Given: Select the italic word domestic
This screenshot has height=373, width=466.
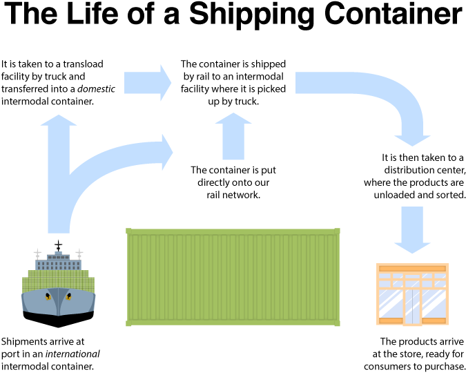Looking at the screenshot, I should click(96, 89).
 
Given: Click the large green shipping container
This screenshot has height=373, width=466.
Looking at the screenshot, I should click(233, 276).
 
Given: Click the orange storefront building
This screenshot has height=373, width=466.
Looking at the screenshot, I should click(412, 294).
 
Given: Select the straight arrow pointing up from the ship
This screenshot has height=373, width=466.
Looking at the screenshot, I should click(58, 173).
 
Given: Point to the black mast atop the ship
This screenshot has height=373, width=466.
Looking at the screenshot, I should click(58, 245).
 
